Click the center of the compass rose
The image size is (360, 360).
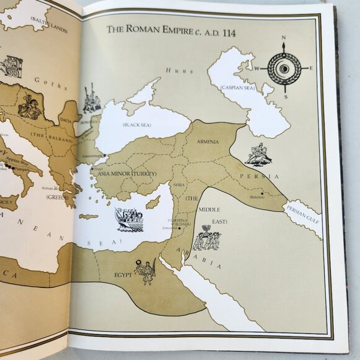pyautogui.click(x=284, y=68)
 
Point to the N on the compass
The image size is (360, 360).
pyautogui.click(x=284, y=38)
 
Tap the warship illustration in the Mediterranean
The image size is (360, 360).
pyautogui.click(x=128, y=219)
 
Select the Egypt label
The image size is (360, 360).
pyautogui.click(x=123, y=274)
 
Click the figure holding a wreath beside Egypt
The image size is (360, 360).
pyautogui.click(x=146, y=271)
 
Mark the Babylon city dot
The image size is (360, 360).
pyautogui.click(x=263, y=194)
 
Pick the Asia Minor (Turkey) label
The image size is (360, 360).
pyautogui.click(x=127, y=173)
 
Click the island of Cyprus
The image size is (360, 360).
pyautogui.click(x=153, y=202)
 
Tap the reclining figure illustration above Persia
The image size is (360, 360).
pyautogui.click(x=258, y=155)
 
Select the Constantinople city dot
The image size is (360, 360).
pyautogui.click(x=104, y=155)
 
